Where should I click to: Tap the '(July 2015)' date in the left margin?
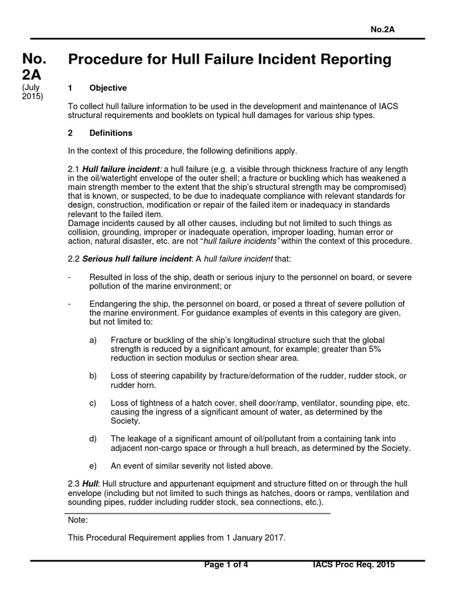pyautogui.click(x=32, y=92)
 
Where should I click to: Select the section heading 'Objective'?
pyautogui.click(x=108, y=88)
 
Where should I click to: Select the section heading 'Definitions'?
pyautogui.click(x=111, y=133)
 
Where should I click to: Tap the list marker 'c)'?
pyautogui.click(x=93, y=403)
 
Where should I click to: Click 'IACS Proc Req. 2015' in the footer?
pyautogui.click(x=354, y=564)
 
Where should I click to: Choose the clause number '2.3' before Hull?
pyautogui.click(x=75, y=484)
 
